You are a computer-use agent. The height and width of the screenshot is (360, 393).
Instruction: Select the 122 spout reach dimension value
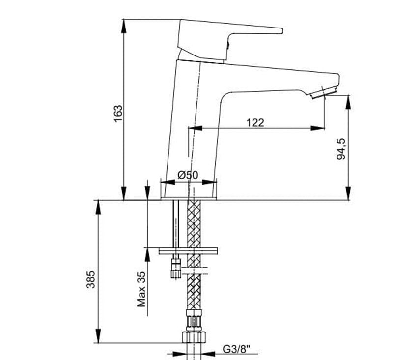coord(255,122)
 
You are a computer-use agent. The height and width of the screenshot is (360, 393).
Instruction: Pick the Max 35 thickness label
coord(142,289)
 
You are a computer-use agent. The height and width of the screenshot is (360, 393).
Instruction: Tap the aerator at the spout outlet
coord(324,92)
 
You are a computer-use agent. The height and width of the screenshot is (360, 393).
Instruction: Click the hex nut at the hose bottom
coord(194,337)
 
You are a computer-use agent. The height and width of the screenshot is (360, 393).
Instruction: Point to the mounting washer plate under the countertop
coord(188,251)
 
